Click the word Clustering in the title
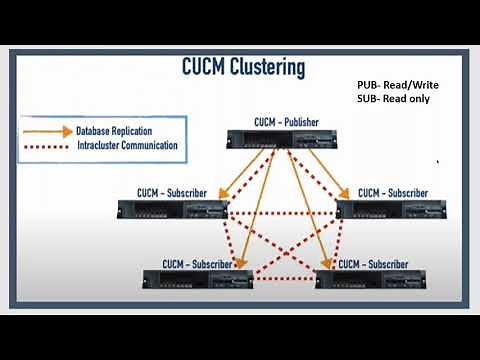[x=260, y=68]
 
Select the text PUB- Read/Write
[x=397, y=86]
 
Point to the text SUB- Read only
[x=391, y=100]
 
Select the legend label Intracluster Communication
[x=127, y=146]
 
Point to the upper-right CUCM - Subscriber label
[x=393, y=192]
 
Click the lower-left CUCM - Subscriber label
[x=197, y=263]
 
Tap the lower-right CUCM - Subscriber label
[x=375, y=264]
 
